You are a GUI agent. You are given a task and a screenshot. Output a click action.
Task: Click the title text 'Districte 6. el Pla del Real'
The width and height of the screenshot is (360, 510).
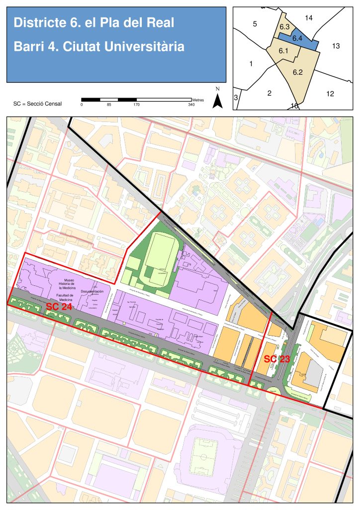click(x=93, y=23)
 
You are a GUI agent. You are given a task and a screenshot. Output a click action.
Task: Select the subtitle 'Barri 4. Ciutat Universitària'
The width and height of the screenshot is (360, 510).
click(x=99, y=47)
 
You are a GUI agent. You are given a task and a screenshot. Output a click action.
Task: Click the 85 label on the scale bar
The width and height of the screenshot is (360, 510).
click(x=109, y=105)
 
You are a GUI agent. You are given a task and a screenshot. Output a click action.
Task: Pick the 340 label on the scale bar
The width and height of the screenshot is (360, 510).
click(x=191, y=105)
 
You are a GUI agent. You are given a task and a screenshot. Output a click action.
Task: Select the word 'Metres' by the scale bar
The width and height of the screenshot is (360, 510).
click(x=197, y=100)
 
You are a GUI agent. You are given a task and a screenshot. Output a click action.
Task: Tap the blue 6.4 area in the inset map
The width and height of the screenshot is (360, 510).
click(x=297, y=38)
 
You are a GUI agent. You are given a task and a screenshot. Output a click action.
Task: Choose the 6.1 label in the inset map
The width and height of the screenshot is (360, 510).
click(x=284, y=51)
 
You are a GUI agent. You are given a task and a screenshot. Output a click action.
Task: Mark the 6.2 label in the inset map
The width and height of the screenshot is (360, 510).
click(x=298, y=72)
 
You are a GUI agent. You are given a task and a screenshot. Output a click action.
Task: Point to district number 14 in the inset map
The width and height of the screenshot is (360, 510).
click(x=308, y=18)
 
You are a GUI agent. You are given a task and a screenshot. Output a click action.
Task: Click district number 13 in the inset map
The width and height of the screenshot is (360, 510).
click(x=336, y=46)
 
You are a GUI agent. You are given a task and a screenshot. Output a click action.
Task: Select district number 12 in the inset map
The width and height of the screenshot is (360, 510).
click(x=330, y=94)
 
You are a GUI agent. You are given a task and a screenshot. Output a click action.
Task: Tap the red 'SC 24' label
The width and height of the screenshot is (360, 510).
click(x=59, y=307)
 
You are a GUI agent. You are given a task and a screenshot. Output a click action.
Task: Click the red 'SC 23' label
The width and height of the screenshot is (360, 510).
click(x=276, y=358)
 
